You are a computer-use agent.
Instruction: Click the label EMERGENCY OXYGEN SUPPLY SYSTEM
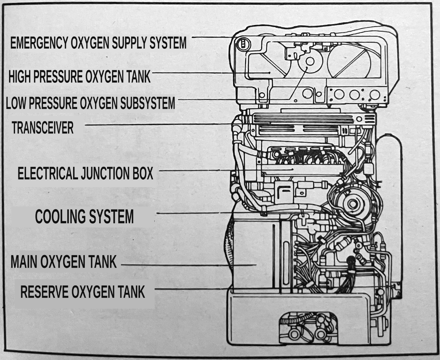pos(98,43)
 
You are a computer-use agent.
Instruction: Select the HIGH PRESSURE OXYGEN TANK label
pos(79,77)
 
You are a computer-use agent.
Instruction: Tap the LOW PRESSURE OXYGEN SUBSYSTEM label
pos(90,103)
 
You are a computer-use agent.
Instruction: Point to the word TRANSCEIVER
pos(43,128)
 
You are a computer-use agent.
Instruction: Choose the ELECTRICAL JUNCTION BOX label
pos(85,173)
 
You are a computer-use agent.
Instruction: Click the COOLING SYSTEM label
pos(84,217)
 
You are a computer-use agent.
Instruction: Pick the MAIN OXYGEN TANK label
pos(64,262)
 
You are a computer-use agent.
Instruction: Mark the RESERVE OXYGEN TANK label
pos(83,292)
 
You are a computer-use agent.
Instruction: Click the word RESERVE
pos(44,292)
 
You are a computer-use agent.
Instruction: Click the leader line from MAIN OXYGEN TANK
pos(188,265)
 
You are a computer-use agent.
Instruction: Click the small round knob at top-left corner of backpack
pos(243,44)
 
